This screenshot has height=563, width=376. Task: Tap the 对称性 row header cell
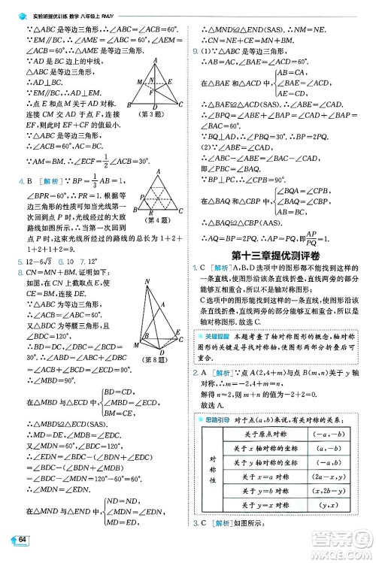(212, 477)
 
